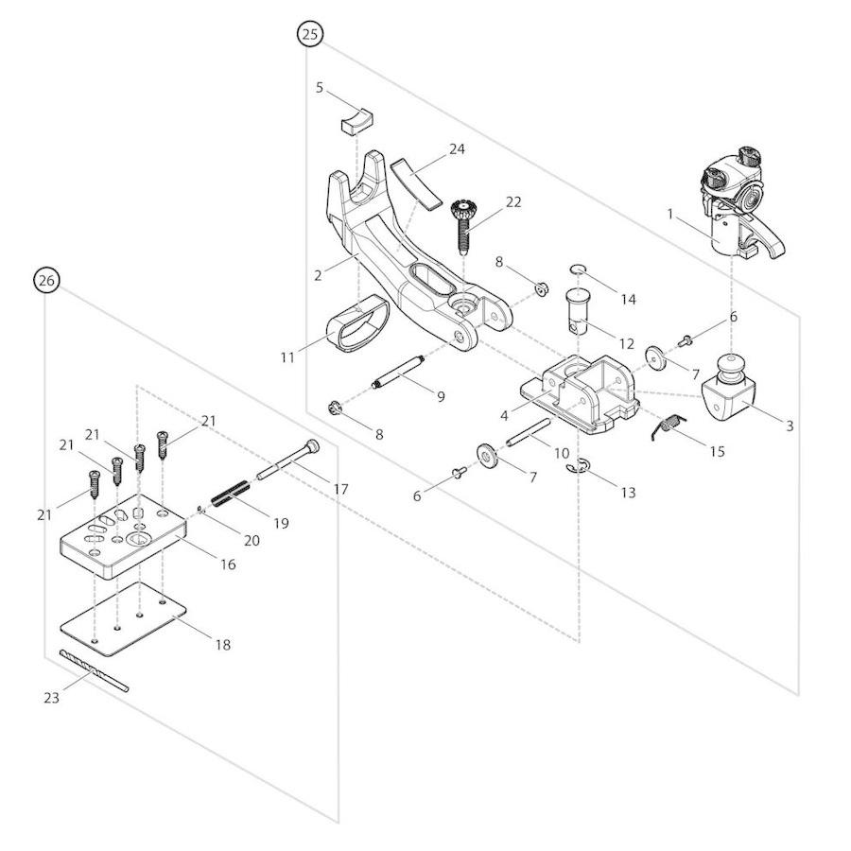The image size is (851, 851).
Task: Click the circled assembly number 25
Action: [x=309, y=34]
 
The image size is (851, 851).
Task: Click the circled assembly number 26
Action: [x=46, y=280]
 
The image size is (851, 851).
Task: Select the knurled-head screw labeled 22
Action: [x=463, y=224]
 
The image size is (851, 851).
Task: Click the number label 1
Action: [x=670, y=215]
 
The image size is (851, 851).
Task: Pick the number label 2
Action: [x=319, y=275]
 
